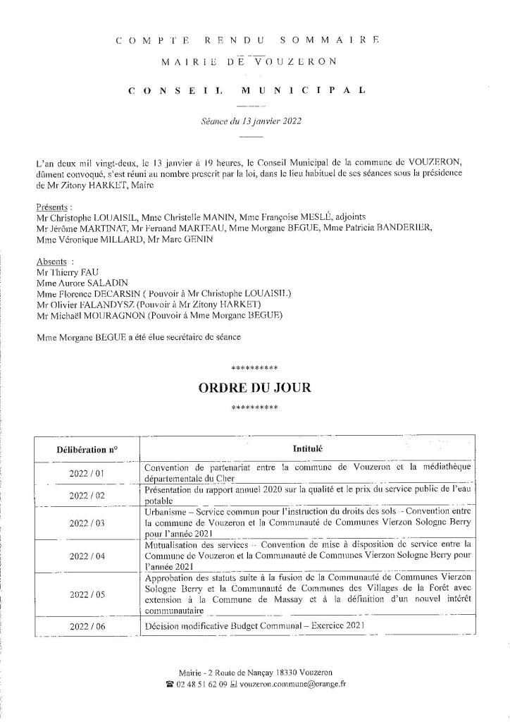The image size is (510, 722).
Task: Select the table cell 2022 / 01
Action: tap(87, 473)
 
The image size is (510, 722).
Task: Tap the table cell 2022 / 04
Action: tap(87, 556)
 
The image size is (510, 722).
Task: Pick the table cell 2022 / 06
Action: tap(87, 626)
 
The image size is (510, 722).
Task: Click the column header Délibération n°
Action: tap(87, 448)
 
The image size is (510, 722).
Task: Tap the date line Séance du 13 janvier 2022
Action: tap(251, 121)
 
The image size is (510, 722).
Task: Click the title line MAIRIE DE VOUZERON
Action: tap(249, 61)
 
